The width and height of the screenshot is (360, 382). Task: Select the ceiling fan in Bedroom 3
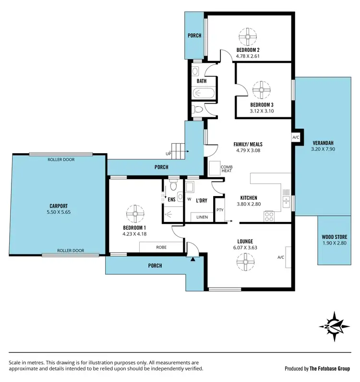click(x=262, y=89)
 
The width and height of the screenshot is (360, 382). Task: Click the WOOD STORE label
click(x=334, y=237)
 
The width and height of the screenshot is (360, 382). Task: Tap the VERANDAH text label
click(x=323, y=143)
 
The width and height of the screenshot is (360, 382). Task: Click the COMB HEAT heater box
click(x=214, y=169)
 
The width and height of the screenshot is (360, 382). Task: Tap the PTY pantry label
click(x=220, y=210)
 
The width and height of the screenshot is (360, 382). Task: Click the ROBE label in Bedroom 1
click(x=162, y=246)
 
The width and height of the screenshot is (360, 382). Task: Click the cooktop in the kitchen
click(x=269, y=216)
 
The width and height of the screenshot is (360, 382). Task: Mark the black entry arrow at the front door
click(x=193, y=259)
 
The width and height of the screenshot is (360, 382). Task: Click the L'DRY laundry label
click(x=201, y=200)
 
